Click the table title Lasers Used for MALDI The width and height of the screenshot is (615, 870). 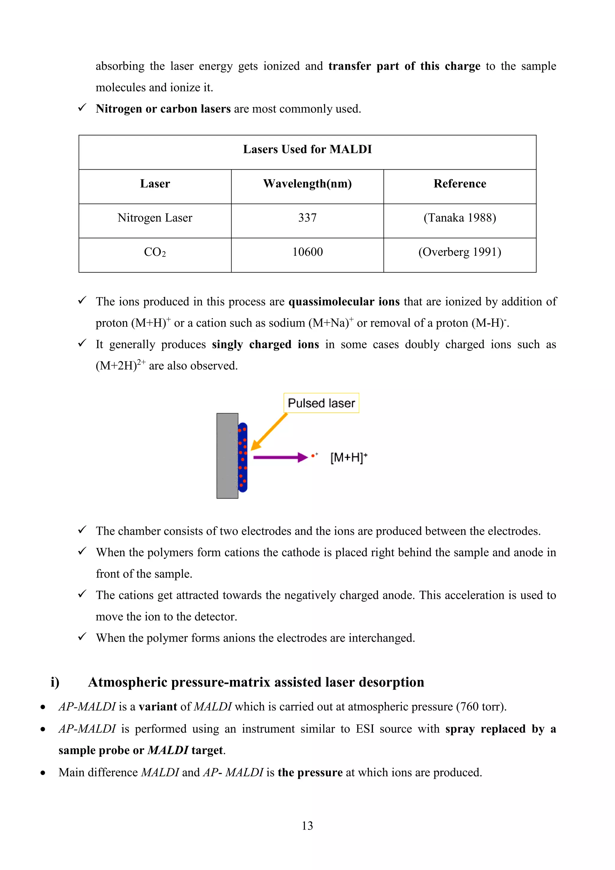[x=307, y=149]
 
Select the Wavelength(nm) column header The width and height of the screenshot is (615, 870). [x=307, y=184]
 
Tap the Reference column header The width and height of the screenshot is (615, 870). [x=460, y=184]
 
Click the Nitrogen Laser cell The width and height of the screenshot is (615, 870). [x=155, y=218]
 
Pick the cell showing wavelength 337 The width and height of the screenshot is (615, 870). [x=307, y=218]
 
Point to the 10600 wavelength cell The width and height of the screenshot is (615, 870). [x=307, y=252]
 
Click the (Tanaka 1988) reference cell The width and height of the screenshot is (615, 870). [x=460, y=218]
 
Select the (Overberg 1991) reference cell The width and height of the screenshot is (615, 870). [x=460, y=252]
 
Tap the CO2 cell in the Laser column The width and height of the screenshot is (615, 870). [x=155, y=252]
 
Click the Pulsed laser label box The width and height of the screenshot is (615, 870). [x=321, y=403]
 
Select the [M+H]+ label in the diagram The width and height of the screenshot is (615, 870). [x=349, y=457]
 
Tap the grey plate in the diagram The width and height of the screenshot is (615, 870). [x=227, y=456]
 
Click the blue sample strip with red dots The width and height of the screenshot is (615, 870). [x=243, y=457]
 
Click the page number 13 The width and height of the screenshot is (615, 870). [x=307, y=826]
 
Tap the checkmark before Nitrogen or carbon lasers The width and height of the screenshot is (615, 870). [x=82, y=108]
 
